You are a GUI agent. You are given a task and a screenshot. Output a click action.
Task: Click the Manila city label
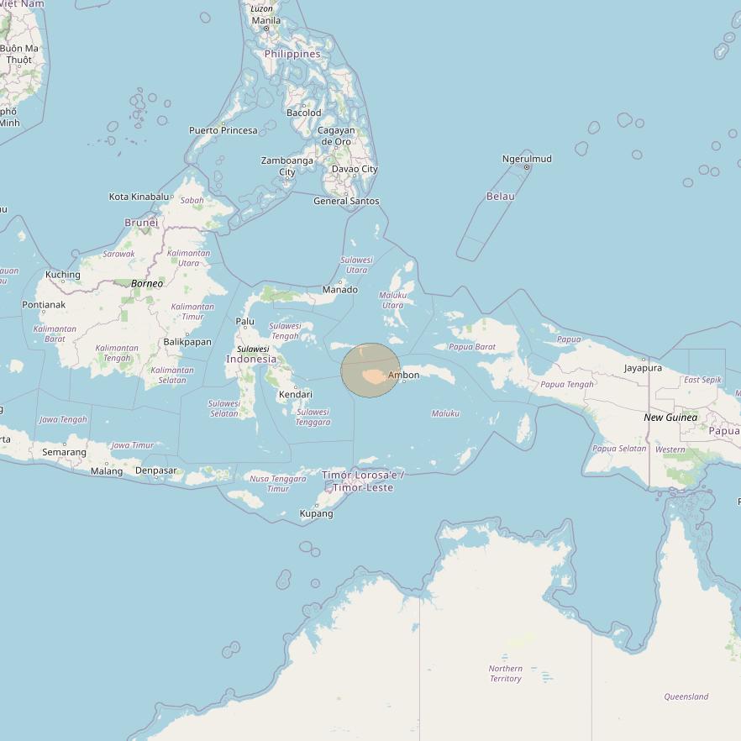(266, 20)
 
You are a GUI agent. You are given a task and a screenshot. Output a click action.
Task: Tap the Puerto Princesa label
(223, 130)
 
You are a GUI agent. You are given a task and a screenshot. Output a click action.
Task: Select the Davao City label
(355, 169)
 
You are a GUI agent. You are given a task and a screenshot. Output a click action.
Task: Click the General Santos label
(346, 201)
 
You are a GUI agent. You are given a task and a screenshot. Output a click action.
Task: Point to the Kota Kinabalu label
(139, 197)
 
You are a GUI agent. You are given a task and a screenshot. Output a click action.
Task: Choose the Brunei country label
(141, 223)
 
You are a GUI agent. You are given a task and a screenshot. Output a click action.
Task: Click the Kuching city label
(63, 275)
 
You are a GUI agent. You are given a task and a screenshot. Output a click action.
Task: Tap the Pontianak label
(44, 305)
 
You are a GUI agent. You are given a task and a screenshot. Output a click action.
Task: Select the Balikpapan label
(187, 342)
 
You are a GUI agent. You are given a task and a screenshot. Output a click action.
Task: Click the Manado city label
(340, 290)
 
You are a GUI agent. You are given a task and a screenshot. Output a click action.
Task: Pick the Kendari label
(296, 394)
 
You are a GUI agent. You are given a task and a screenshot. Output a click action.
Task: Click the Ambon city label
(404, 375)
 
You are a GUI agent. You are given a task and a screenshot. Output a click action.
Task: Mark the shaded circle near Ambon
(370, 370)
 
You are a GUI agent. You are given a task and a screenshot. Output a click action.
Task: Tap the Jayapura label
(643, 368)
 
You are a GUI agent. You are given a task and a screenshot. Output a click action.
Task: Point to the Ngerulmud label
(527, 159)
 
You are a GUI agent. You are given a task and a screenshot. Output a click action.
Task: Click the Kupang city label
(317, 513)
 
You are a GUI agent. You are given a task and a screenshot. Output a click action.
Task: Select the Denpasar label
(156, 470)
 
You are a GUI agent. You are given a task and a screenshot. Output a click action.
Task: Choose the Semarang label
(65, 452)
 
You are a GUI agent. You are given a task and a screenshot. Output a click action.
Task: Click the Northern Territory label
(506, 674)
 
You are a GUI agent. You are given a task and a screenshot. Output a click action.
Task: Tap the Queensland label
(686, 696)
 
